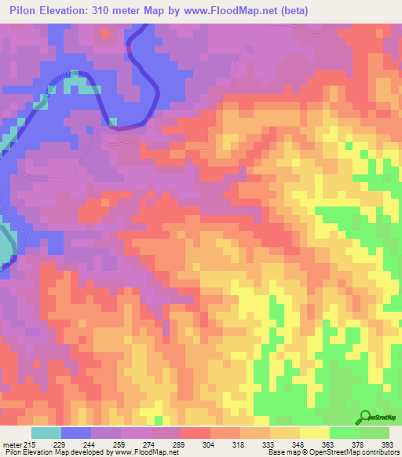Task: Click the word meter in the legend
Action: (x=13, y=444)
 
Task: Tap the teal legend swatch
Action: (x=46, y=433)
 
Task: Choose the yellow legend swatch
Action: (x=314, y=433)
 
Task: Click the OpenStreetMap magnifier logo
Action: (x=364, y=417)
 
